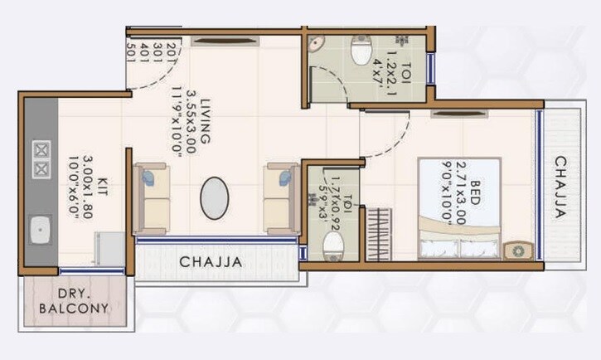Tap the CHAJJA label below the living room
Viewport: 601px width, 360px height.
[x=211, y=261]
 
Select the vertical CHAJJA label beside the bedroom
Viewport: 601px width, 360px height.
[x=561, y=187]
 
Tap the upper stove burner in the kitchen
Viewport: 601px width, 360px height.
[x=40, y=150]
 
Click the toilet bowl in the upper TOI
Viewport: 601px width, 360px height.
[x=361, y=52]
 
